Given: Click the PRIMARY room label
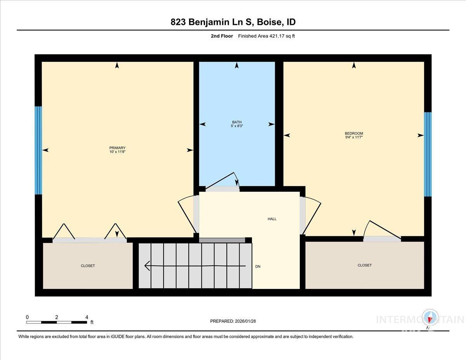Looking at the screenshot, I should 117,148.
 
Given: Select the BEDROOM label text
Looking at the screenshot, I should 354,133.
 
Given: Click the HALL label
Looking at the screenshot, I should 272,219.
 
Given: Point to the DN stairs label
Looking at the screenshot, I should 258,266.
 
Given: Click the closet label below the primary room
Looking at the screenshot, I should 88,266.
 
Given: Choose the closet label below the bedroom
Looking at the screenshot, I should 364,265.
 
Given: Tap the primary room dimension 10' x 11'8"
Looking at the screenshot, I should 117,152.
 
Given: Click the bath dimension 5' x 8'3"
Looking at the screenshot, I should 236,125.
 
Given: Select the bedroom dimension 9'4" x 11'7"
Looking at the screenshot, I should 354,137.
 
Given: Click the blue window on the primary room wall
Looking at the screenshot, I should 38,150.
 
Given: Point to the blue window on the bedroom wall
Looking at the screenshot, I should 428,154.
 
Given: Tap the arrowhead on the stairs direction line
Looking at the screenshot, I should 147,266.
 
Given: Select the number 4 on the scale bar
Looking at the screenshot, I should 87,317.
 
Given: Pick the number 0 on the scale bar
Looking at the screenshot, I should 27,317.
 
